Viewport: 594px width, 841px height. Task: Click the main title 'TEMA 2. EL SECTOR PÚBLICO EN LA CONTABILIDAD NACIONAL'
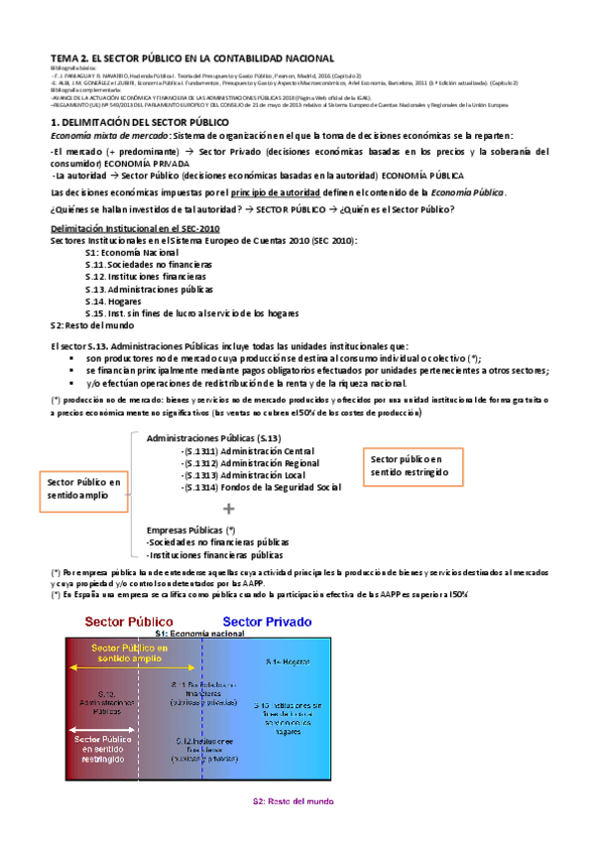192,60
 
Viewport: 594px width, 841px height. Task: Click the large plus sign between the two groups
229,508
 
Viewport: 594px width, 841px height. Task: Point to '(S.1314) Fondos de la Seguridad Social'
262,487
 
